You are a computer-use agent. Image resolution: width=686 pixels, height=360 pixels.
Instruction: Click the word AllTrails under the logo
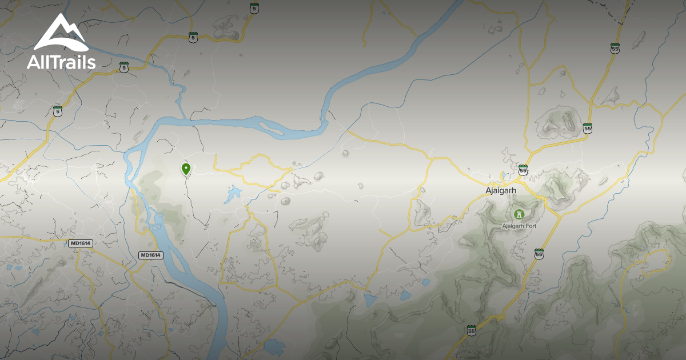click(x=61, y=62)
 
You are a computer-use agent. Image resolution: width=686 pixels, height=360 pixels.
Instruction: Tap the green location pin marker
click(x=186, y=169)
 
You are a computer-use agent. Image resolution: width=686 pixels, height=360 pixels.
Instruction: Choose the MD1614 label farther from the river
click(x=80, y=243)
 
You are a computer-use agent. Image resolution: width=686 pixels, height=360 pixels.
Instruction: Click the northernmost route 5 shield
click(x=254, y=8)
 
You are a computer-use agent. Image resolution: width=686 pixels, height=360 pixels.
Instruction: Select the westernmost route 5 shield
click(x=57, y=111)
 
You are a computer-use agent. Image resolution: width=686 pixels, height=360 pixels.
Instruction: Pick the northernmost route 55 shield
click(x=615, y=49)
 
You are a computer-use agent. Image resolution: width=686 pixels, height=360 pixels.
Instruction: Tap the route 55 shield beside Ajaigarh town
click(x=523, y=170)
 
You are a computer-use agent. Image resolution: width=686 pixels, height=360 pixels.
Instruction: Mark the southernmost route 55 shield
click(x=471, y=331)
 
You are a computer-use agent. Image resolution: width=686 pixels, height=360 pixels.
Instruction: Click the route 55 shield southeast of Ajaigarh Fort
click(x=539, y=253)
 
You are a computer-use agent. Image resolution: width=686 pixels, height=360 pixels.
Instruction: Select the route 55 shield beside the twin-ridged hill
click(x=588, y=127)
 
